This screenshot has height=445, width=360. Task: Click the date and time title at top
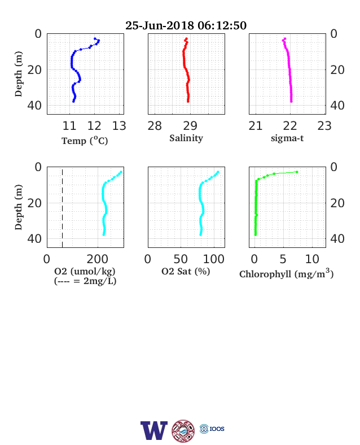point(186,25)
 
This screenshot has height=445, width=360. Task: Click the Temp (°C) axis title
point(85,141)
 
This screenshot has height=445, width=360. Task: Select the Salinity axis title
point(186,138)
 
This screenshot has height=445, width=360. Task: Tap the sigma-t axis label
point(287,138)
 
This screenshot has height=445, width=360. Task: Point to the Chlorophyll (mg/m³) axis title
point(286,273)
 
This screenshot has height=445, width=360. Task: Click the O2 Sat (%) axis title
point(186,271)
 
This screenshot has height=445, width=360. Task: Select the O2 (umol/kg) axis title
point(85,271)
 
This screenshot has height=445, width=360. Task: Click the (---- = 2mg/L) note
point(85,281)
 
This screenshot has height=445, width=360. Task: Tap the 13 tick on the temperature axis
point(119,126)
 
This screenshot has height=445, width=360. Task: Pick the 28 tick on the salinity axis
point(155,126)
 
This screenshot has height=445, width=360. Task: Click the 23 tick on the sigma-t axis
point(324,126)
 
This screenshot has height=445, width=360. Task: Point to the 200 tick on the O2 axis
point(97,259)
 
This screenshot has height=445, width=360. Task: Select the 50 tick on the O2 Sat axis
point(181,259)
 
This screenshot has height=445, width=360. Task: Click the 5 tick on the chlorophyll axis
point(283,259)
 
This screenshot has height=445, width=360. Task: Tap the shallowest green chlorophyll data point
point(297,172)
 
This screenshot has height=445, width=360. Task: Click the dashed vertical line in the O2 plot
point(63,208)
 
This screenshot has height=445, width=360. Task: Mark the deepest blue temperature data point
point(73,101)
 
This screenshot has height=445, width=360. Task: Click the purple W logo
point(154,430)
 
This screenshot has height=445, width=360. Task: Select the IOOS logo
point(212,429)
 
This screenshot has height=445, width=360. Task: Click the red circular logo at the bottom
point(183,431)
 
